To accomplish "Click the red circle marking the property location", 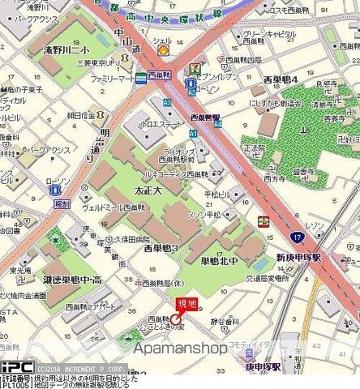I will pos(177,320).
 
